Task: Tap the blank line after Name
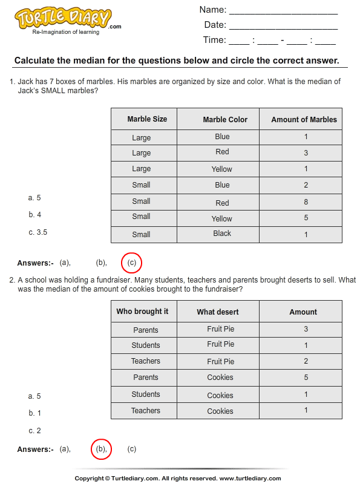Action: [x=283, y=11]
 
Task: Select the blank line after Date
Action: [x=283, y=26]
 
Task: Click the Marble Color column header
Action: [x=225, y=120]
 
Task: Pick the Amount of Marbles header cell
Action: [x=304, y=120]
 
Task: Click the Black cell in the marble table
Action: [x=222, y=234]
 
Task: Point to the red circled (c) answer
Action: [x=132, y=263]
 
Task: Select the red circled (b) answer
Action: [x=101, y=449]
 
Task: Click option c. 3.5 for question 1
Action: [x=38, y=232]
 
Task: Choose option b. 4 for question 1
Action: [x=34, y=215]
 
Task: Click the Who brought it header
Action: [x=143, y=312]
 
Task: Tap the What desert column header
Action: [x=218, y=312]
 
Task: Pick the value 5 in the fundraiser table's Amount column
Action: [x=306, y=378]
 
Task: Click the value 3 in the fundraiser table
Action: [x=306, y=329]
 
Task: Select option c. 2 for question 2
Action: [x=34, y=431]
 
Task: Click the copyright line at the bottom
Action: [x=180, y=479]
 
